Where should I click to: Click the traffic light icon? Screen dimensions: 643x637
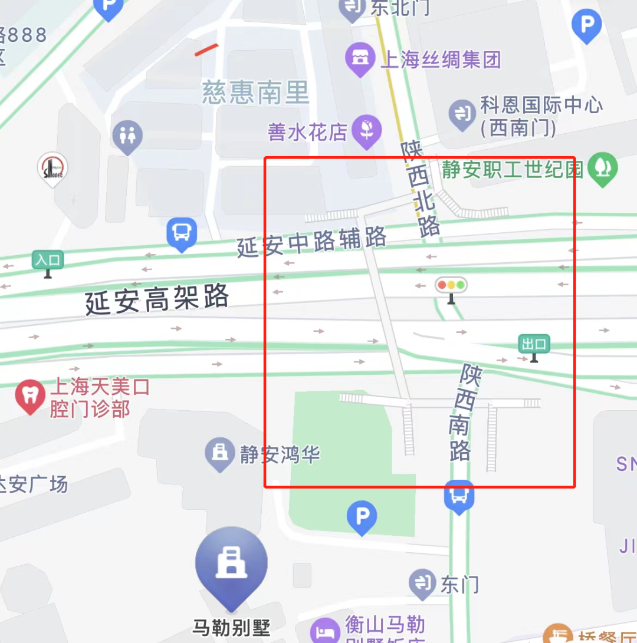(451, 286)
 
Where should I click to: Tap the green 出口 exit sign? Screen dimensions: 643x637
(534, 344)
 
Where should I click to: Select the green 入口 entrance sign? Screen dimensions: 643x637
(48, 260)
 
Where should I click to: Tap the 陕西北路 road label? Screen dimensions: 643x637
(421, 189)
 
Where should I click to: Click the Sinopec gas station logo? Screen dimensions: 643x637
(52, 168)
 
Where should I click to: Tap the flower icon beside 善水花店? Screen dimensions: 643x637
(367, 130)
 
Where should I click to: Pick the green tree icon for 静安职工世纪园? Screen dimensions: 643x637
(602, 169)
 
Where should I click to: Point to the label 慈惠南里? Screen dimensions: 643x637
(256, 93)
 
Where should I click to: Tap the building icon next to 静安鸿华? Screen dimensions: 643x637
(220, 454)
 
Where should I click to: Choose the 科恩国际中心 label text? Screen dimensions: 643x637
(541, 106)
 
